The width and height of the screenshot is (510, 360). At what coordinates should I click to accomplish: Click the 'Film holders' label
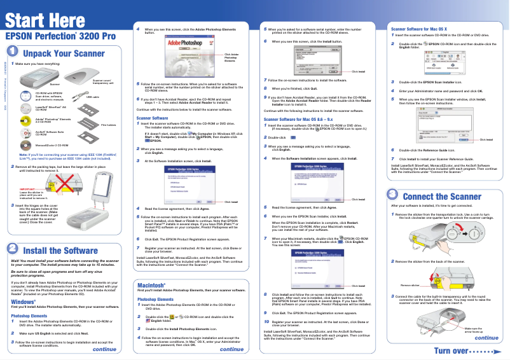click(109, 125)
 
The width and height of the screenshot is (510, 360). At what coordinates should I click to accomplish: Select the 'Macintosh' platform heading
click(151, 302)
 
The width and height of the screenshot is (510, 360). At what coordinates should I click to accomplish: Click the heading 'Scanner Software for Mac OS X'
click(419, 29)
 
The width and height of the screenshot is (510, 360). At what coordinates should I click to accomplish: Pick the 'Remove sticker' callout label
click(410, 286)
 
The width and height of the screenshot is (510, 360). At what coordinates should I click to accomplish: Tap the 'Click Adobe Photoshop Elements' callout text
click(231, 57)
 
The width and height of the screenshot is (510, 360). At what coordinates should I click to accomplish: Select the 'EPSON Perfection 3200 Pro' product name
click(61, 38)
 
